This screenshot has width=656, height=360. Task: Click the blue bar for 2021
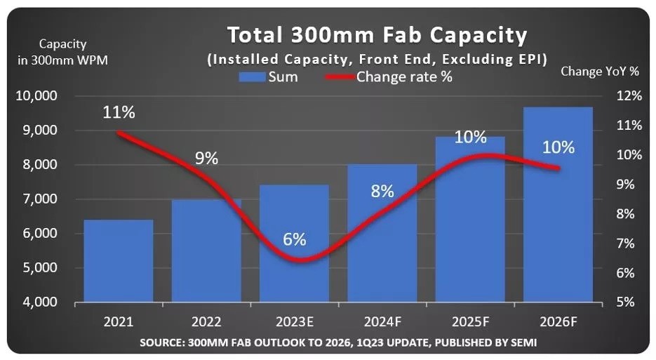[x=118, y=261]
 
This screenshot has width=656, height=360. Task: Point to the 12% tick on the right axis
[x=627, y=95]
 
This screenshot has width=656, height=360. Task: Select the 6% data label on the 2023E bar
[x=295, y=239]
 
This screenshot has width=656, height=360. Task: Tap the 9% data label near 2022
[x=206, y=158]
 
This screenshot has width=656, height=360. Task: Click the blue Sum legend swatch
[x=250, y=76]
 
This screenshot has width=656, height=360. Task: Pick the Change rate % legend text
[x=404, y=76]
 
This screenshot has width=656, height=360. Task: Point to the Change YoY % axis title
[x=600, y=71]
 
